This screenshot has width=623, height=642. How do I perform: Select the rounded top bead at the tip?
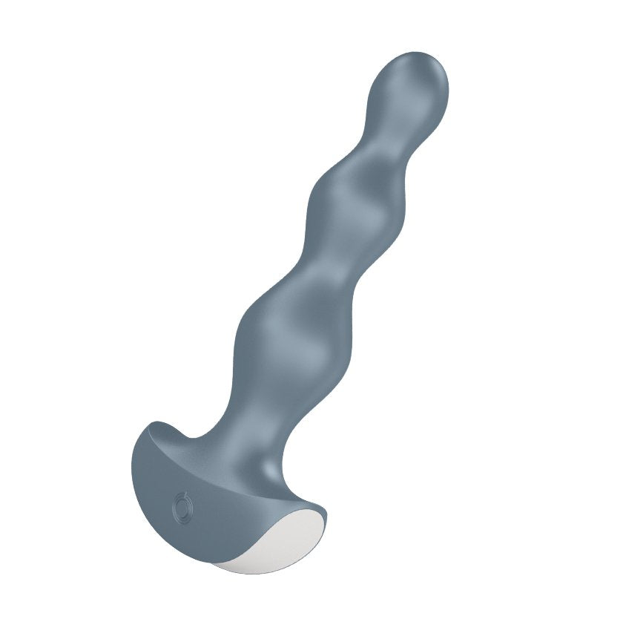point(408,85)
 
